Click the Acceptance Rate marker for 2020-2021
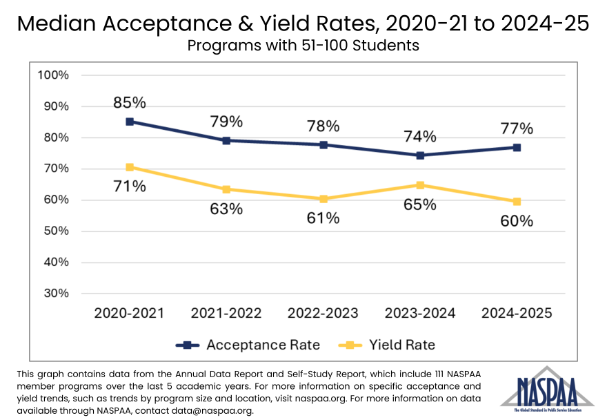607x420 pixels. (x=130, y=122)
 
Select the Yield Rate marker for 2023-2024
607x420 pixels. (x=420, y=185)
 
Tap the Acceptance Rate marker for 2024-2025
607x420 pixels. (x=517, y=148)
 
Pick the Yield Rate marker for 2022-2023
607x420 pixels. (x=323, y=199)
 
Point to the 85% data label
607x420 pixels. (x=130, y=103)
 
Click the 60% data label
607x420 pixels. (x=517, y=221)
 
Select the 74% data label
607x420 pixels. (x=420, y=136)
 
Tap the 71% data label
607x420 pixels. (x=130, y=187)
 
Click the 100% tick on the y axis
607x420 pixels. (x=53, y=75)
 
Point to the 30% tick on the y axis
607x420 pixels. (x=55, y=293)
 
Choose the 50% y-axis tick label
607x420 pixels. (x=55, y=231)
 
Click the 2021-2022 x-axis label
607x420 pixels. (x=226, y=313)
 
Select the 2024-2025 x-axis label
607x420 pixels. (x=517, y=313)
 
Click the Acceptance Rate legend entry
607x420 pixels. (x=248, y=345)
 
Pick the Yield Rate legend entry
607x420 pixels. (x=388, y=345)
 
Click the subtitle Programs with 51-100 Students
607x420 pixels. (x=303, y=46)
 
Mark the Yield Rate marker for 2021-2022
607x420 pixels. (x=226, y=189)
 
